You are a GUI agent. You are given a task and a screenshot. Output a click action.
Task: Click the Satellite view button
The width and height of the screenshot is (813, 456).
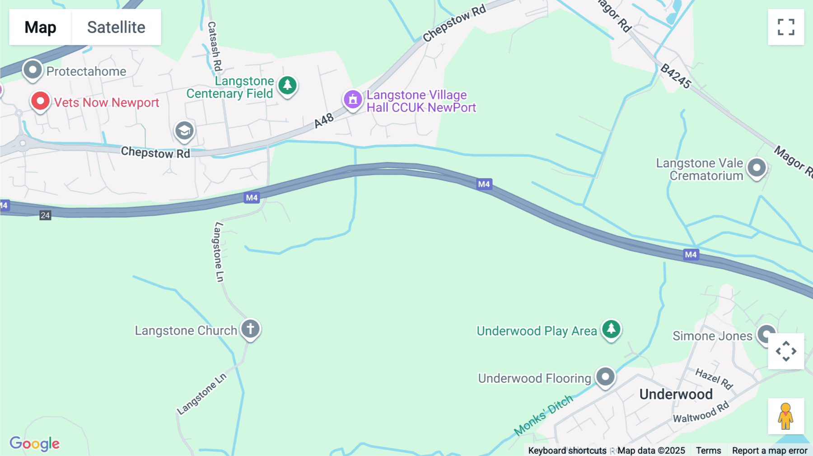click(x=116, y=27)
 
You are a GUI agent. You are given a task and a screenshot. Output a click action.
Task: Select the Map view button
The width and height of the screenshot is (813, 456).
click(x=40, y=27)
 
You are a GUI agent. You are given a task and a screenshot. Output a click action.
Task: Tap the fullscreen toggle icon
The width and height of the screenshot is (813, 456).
click(x=786, y=27)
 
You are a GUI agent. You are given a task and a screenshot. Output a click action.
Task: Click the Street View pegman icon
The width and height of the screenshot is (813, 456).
click(x=786, y=416)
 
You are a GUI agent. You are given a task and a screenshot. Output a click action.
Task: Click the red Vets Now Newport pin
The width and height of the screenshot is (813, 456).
click(x=40, y=101)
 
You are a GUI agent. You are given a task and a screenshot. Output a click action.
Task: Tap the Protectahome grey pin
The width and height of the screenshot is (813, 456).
click(x=33, y=70)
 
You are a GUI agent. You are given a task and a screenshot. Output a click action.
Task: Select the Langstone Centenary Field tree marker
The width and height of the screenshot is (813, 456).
click(x=287, y=85)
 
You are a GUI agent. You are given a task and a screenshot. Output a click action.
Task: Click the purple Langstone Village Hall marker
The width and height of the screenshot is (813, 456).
click(x=353, y=99)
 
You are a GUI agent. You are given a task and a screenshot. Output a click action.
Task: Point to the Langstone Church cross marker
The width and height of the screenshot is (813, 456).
click(x=250, y=329)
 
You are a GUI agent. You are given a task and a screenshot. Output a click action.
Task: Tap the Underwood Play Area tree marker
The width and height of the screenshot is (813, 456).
click(x=611, y=329)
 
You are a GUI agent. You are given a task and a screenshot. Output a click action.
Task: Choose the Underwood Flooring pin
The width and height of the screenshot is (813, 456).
click(x=605, y=377)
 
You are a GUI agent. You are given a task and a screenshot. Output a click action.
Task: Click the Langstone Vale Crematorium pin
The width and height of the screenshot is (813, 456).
click(x=757, y=168)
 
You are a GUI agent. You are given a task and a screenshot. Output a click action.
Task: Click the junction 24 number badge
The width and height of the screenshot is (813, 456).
click(x=45, y=215)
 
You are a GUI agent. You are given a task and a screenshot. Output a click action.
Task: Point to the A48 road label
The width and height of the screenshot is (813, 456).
click(x=324, y=121)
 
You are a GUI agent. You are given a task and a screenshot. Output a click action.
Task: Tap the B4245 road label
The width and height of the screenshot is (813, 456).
click(x=676, y=76)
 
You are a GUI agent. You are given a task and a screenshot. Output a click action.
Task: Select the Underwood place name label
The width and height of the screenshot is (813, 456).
click(x=676, y=394)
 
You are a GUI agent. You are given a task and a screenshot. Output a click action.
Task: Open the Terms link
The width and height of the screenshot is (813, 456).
click(x=708, y=450)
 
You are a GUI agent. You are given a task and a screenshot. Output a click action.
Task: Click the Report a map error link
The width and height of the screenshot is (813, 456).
click(x=770, y=450)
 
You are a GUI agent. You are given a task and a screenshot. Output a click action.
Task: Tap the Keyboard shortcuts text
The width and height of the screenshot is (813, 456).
click(x=567, y=450)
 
